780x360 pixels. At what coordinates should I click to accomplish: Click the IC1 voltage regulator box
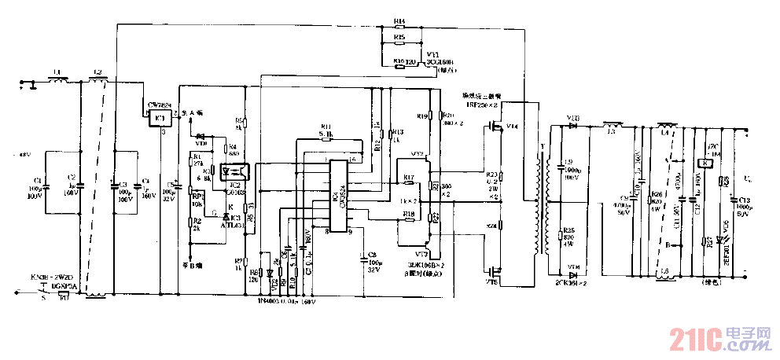tap(159, 118)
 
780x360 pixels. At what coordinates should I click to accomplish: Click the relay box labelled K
tap(708, 163)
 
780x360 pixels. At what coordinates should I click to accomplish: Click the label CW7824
tap(160, 104)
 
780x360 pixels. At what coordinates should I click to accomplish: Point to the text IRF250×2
tap(481, 104)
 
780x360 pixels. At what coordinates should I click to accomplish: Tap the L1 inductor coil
tap(57, 79)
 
